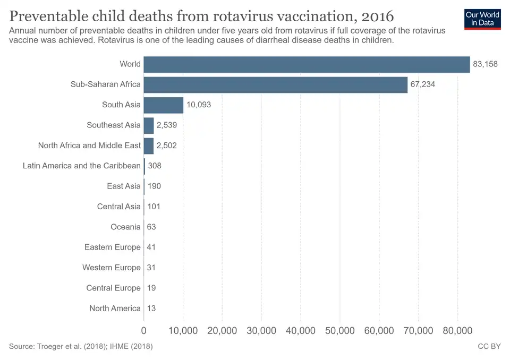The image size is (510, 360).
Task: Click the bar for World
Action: tap(307, 64)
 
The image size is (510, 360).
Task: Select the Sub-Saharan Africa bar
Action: tap(275, 84)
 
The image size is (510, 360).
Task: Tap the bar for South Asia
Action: tap(163, 105)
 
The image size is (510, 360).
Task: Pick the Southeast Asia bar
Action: tap(148, 125)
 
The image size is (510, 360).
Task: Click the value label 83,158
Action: tap(485, 64)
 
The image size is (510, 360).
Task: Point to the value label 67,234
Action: tap(422, 84)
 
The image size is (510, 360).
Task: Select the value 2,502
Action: tap(167, 145)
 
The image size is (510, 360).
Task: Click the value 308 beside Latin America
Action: tap(154, 166)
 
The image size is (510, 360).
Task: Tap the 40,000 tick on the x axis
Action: tap(301, 331)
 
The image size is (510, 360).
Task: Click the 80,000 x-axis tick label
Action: tap(457, 331)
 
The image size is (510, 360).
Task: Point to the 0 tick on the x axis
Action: tap(144, 331)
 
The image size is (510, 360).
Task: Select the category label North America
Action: tap(115, 308)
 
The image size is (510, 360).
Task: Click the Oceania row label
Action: tap(125, 227)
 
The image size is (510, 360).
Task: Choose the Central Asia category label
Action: tap(119, 207)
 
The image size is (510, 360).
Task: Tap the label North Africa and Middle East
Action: tap(89, 145)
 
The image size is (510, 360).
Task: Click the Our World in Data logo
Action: tap(482, 19)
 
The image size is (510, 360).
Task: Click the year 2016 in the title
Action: tap(375, 14)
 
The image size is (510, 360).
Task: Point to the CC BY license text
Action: tap(489, 347)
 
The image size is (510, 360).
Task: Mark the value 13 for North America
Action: tap(151, 308)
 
